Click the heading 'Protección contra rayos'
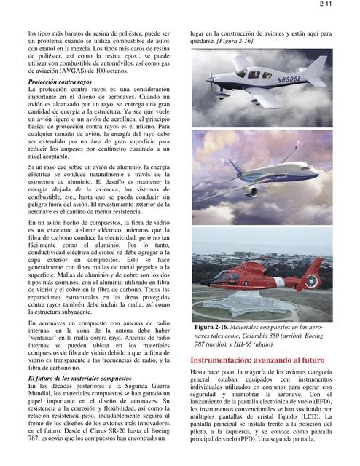pyautogui.click(x=60, y=84)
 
